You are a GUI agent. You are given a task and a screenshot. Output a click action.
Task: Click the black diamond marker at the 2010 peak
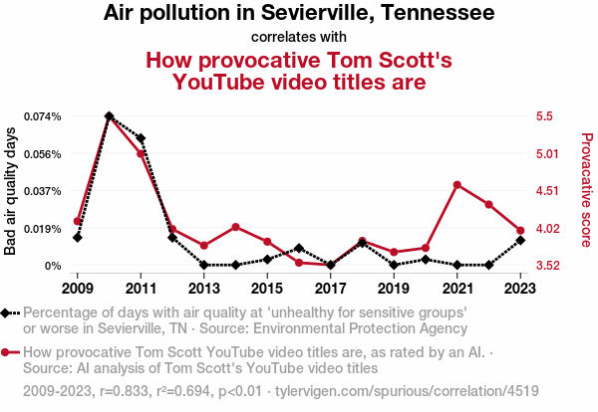click(109, 116)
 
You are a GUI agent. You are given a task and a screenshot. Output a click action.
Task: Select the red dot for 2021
click(456, 185)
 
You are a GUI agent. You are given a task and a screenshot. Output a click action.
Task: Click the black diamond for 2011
click(141, 138)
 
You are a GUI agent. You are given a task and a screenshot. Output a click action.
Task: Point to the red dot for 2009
click(77, 221)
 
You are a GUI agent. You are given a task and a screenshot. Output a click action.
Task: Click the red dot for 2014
click(235, 227)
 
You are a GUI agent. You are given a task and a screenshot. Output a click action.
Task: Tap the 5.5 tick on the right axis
click(543, 116)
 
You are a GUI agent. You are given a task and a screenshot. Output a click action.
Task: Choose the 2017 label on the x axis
click(330, 288)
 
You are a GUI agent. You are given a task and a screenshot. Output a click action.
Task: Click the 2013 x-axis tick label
click(203, 288)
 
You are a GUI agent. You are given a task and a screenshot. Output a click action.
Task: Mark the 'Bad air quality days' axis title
click(11, 191)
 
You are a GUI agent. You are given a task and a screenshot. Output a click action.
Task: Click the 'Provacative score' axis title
click(586, 191)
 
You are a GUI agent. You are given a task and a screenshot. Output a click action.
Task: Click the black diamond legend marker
click(9, 312)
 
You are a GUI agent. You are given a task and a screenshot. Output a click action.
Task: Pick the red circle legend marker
click(9, 352)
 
